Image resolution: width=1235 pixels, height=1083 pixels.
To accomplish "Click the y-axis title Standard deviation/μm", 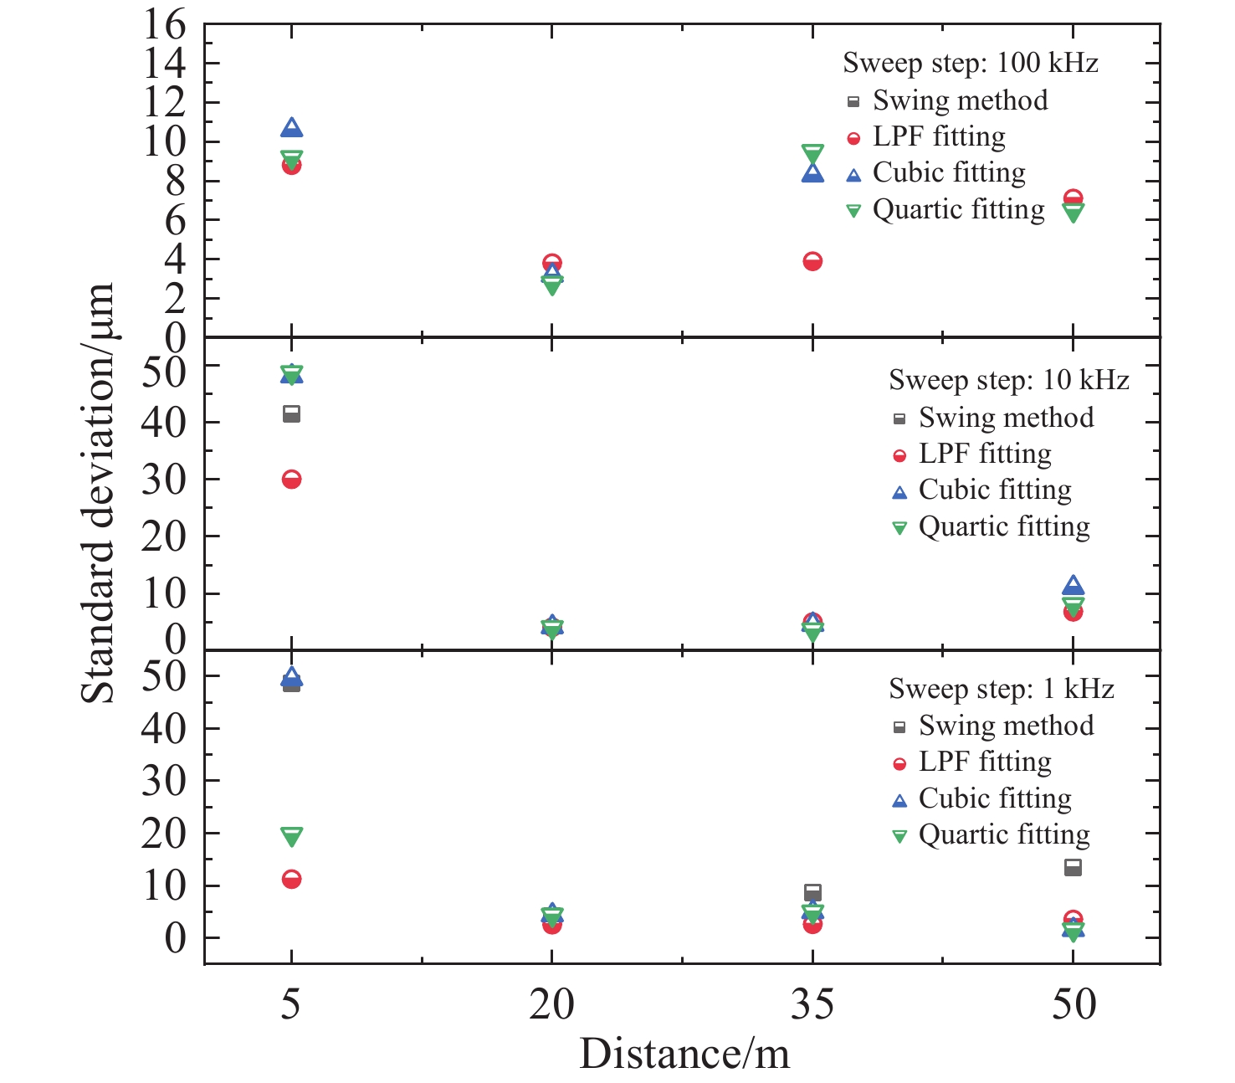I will click(x=99, y=494).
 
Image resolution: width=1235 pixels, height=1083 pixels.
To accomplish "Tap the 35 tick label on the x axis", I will click(x=812, y=1003).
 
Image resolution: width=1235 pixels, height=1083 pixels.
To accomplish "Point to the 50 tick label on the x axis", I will click(x=1074, y=1003).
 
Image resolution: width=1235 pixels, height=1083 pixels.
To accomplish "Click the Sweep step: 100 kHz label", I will click(x=970, y=63).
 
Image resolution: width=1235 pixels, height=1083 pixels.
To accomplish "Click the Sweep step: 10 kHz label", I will click(x=1008, y=380).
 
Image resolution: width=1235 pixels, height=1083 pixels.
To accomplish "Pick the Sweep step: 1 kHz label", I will click(x=1001, y=689).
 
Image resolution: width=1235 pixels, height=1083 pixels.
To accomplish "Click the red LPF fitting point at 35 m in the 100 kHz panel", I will click(x=812, y=261).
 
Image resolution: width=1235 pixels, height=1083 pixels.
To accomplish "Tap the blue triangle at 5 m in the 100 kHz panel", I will click(x=291, y=128).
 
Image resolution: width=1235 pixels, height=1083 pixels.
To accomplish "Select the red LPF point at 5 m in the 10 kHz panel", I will click(x=291, y=480).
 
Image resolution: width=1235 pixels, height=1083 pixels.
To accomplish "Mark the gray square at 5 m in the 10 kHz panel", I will click(x=291, y=413).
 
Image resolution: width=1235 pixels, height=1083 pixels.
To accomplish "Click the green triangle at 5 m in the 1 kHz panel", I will click(x=291, y=836).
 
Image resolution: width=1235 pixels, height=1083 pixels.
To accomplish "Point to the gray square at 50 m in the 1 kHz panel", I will click(x=1073, y=867).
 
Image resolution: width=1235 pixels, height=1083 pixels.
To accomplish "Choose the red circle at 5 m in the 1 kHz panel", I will click(x=291, y=879).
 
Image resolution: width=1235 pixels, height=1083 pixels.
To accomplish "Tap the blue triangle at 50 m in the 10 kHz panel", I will click(x=1073, y=586).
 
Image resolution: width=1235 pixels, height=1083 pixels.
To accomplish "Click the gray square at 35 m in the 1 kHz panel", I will click(x=812, y=892).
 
